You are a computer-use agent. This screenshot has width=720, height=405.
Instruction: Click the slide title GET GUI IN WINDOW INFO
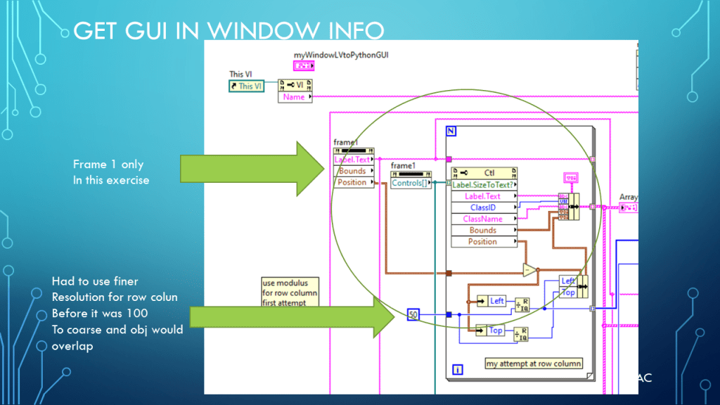pyautogui.click(x=229, y=31)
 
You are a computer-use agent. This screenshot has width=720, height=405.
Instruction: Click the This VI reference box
pyautogui.click(x=246, y=86)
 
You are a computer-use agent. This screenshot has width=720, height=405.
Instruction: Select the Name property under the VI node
pyautogui.click(x=295, y=97)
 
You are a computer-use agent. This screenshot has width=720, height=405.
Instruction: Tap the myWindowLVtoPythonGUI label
pyautogui.click(x=330, y=55)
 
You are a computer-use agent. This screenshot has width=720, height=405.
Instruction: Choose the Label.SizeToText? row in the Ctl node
pyautogui.click(x=484, y=185)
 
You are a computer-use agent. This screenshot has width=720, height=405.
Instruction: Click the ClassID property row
pyautogui.click(x=484, y=207)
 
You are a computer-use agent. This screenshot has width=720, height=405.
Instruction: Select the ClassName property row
pyautogui.click(x=484, y=219)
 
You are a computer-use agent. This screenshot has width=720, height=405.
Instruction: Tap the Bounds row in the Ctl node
pyautogui.click(x=484, y=230)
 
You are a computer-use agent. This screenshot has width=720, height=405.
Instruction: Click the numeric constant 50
pyautogui.click(x=413, y=314)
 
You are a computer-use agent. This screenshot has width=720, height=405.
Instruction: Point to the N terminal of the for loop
pyautogui.click(x=451, y=131)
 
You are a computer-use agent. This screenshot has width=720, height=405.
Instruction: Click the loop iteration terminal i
pyautogui.click(x=458, y=368)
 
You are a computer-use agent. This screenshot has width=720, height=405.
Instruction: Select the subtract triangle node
pyautogui.click(x=529, y=269)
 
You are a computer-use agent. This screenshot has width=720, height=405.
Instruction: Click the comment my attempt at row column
pyautogui.click(x=534, y=364)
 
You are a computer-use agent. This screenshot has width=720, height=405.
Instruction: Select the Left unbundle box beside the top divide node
pyautogui.click(x=492, y=301)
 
